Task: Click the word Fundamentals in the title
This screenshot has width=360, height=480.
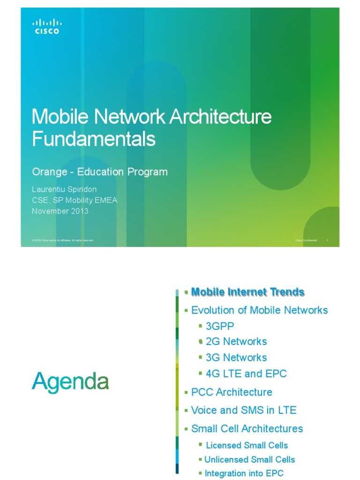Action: click(x=93, y=139)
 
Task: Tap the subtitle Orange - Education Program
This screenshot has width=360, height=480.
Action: click(x=100, y=172)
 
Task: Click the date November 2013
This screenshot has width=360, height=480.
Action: click(x=60, y=211)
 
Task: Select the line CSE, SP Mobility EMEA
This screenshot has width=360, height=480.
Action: click(x=75, y=201)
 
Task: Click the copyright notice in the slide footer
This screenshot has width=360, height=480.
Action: click(x=63, y=240)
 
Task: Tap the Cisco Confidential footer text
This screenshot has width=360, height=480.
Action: click(x=306, y=240)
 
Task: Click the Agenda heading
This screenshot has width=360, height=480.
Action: click(x=70, y=382)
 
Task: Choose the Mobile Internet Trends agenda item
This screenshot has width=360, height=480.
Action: click(x=248, y=292)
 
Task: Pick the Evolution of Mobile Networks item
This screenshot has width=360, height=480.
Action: click(x=259, y=310)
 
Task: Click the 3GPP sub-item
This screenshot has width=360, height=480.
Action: click(x=219, y=326)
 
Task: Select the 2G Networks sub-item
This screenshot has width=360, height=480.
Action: click(x=236, y=342)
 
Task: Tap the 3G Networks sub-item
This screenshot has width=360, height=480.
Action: click(x=236, y=358)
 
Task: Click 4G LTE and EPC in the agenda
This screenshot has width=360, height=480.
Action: click(x=246, y=374)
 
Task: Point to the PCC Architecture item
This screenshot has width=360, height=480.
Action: click(x=232, y=392)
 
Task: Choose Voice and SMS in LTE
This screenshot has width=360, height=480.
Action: click(x=244, y=410)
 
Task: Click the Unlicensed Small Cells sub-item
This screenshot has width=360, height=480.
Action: click(x=249, y=459)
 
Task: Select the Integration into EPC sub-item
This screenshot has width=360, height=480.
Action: click(x=244, y=473)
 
